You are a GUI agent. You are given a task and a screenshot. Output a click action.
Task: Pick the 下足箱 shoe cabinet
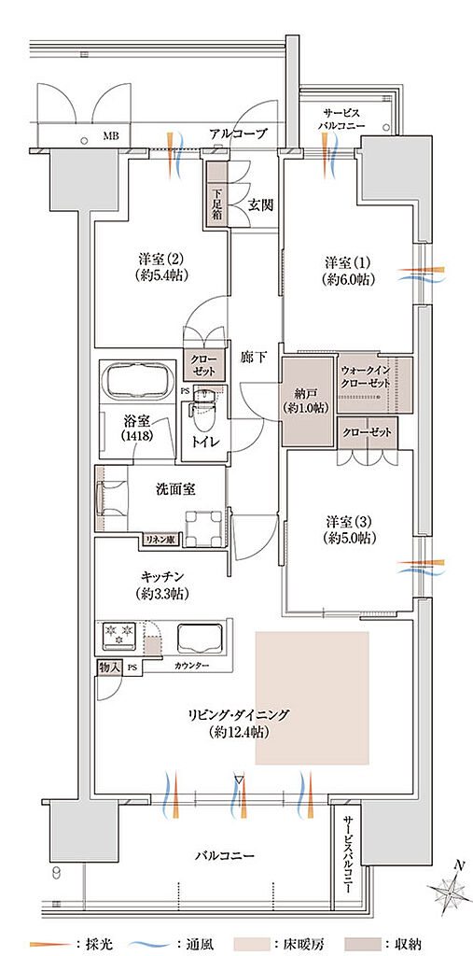pyautogui.click(x=216, y=194)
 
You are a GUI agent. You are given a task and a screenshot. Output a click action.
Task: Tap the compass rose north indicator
pyautogui.click(x=452, y=893)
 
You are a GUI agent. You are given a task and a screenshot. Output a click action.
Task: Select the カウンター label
pyautogui.click(x=190, y=666)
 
